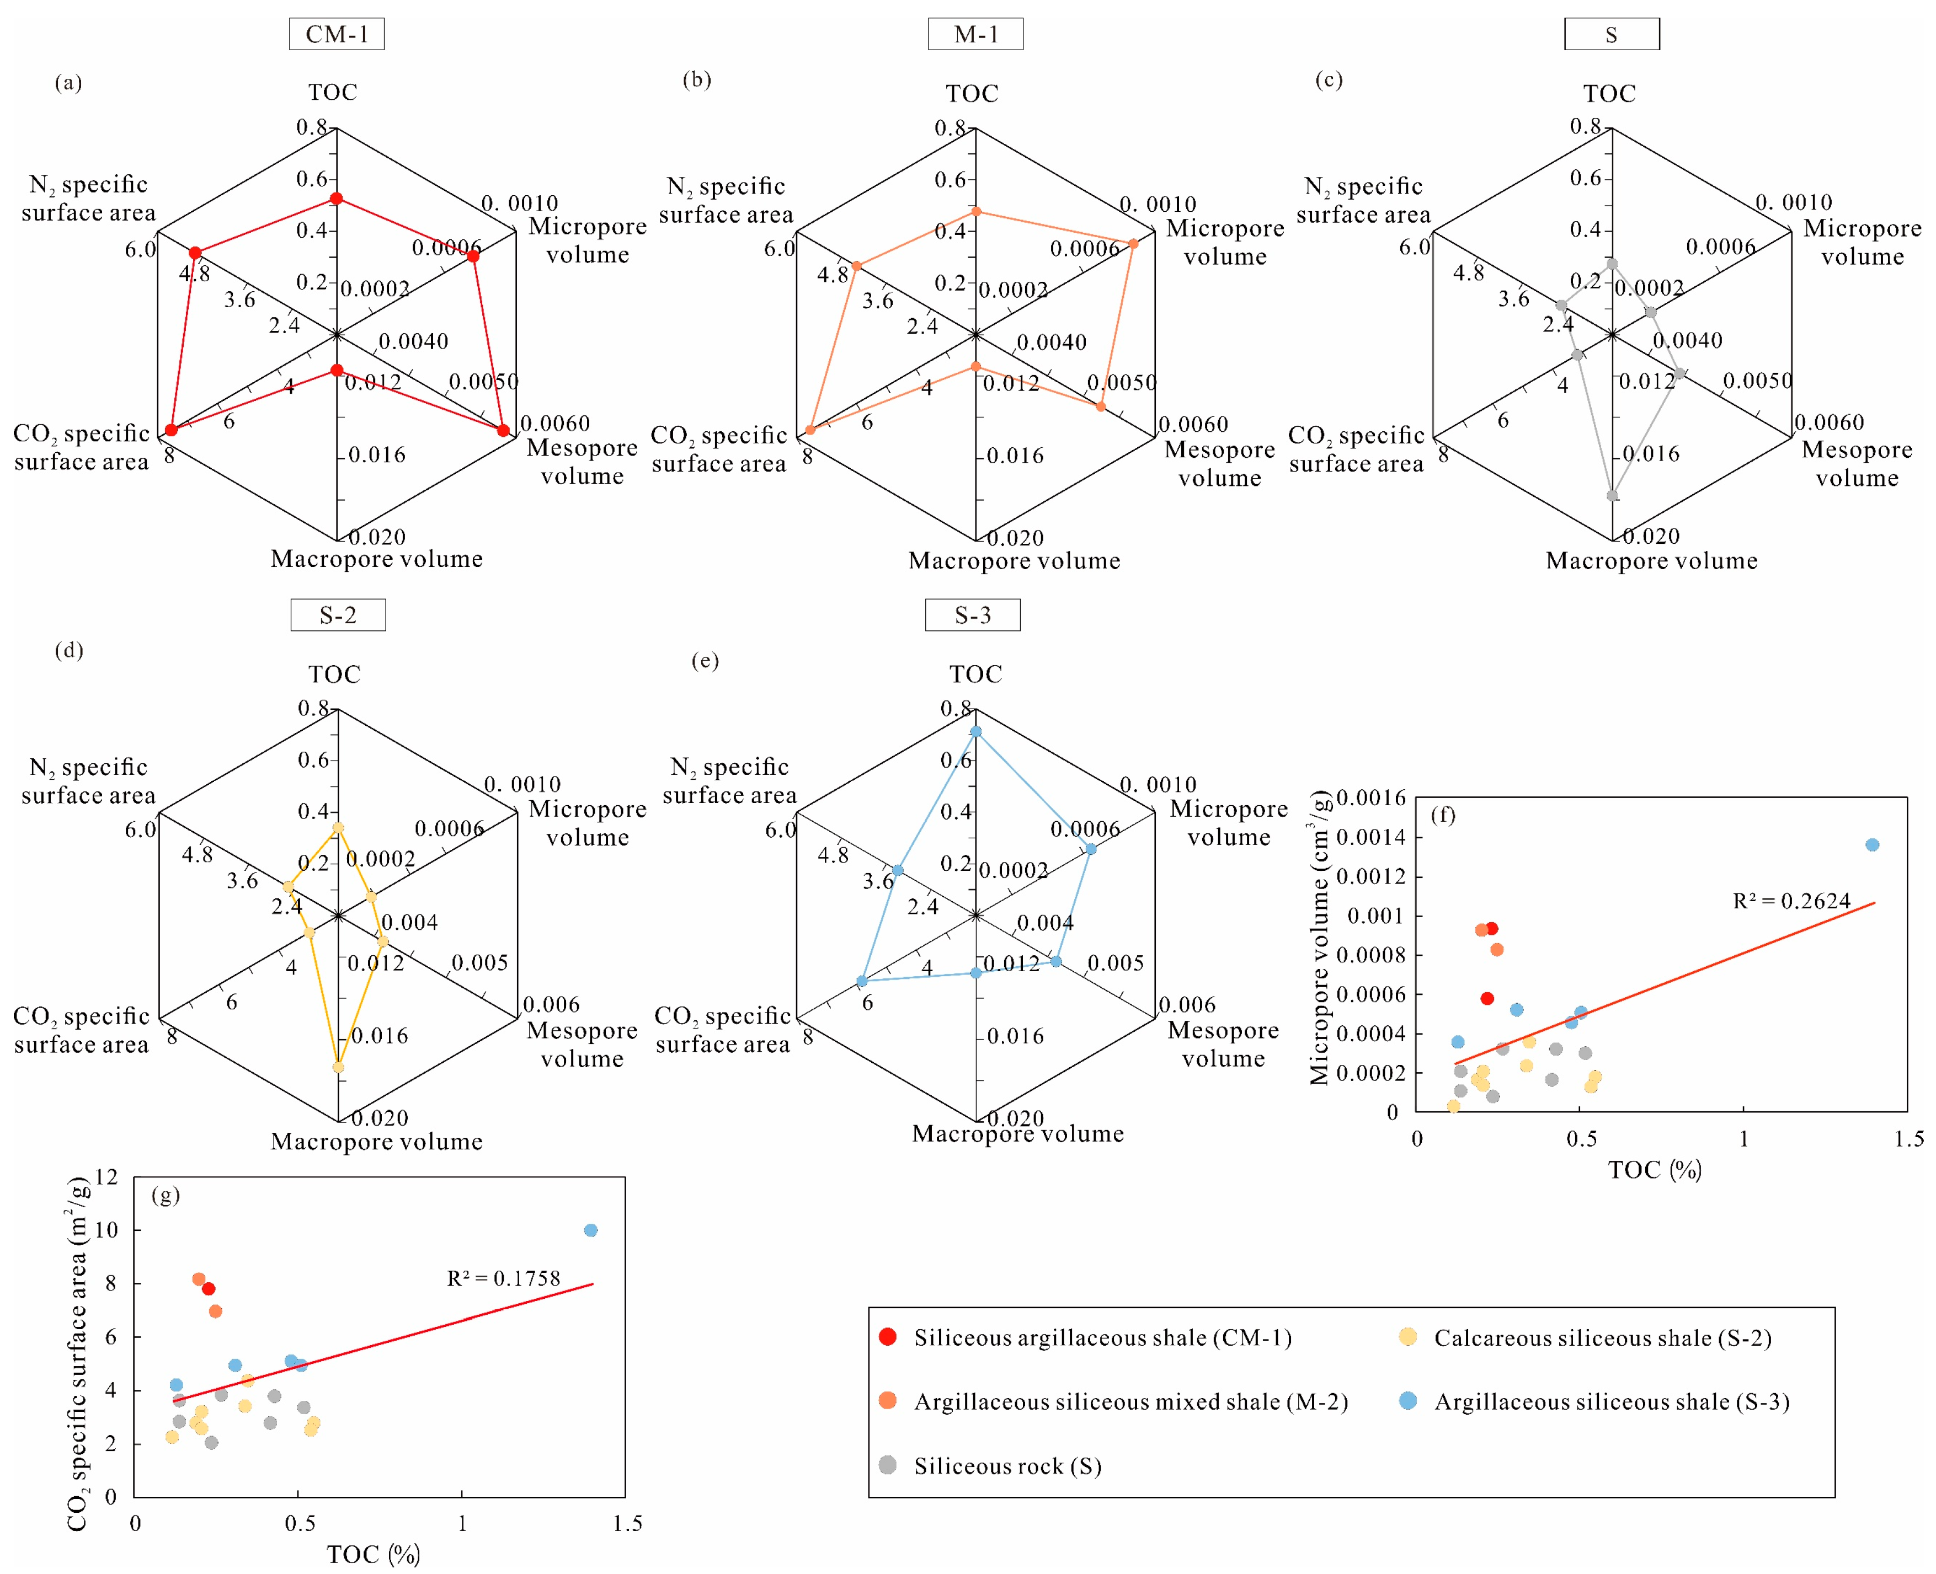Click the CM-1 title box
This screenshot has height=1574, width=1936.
click(x=337, y=34)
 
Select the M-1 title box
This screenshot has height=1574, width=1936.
click(x=975, y=34)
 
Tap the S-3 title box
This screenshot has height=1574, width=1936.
click(x=972, y=615)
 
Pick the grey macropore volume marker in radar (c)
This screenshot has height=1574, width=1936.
click(x=1612, y=496)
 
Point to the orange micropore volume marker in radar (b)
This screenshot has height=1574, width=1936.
click(x=1133, y=244)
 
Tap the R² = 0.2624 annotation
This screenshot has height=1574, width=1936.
click(x=1791, y=901)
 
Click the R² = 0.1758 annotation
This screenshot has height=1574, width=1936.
click(x=503, y=1278)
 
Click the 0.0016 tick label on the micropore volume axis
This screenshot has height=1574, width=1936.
click(x=1370, y=798)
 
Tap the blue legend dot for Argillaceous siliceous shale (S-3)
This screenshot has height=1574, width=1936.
click(x=1407, y=1401)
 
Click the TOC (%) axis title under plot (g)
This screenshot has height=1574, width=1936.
click(x=374, y=1554)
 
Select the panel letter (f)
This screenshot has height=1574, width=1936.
click(x=1443, y=815)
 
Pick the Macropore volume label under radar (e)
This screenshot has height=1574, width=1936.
click(x=1017, y=1133)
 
